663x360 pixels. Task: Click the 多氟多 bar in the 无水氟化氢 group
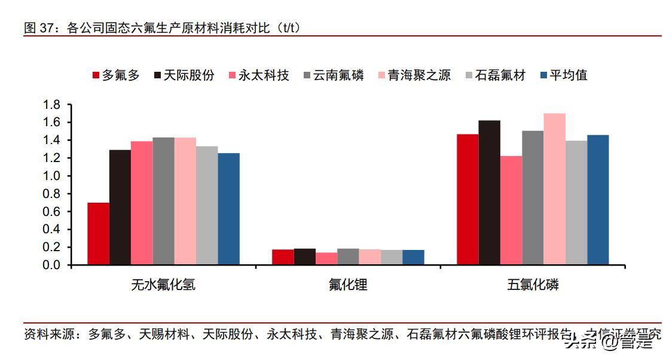[x=98, y=234]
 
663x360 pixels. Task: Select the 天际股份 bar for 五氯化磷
[x=490, y=193]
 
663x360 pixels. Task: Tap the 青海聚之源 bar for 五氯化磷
[x=554, y=189]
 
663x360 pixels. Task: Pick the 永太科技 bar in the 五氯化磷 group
[x=511, y=210]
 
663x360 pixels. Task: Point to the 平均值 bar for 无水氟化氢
[x=228, y=209]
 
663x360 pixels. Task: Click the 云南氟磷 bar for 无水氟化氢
[x=163, y=201]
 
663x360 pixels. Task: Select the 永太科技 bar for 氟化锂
[x=326, y=258]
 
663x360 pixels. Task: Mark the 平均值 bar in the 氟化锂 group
[x=413, y=257]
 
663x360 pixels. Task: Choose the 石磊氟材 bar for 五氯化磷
[x=576, y=203]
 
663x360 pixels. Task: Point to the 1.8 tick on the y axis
[x=52, y=105]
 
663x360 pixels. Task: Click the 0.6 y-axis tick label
[x=52, y=212]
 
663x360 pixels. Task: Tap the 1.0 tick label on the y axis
[x=52, y=176]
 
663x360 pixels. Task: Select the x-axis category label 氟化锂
[x=348, y=285]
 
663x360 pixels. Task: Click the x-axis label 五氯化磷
[x=533, y=285]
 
